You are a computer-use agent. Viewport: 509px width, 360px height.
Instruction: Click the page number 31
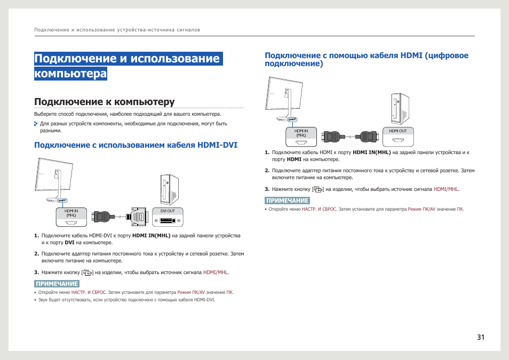(480, 337)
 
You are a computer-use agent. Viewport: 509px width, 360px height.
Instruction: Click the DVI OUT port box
(168, 217)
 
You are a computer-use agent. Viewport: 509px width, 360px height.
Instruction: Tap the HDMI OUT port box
(398, 137)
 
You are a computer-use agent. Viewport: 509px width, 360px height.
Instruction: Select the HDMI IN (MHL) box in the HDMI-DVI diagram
(71, 217)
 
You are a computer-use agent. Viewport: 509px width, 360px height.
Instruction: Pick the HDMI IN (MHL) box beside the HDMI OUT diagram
(301, 137)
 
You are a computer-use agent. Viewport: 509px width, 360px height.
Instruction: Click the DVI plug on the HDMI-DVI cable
(138, 217)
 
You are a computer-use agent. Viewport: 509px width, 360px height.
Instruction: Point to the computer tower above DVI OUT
(169, 190)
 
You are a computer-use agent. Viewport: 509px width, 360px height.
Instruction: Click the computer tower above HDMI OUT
(400, 109)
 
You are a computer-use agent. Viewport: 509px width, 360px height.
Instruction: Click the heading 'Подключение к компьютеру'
(105, 102)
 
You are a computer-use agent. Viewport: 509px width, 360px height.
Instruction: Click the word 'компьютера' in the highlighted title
(70, 74)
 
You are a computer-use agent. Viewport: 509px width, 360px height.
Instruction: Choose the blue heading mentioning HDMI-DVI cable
(136, 145)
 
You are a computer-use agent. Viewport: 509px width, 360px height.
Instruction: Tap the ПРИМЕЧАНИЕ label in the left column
(57, 284)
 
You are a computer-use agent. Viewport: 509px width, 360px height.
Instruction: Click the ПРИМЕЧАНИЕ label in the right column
(287, 201)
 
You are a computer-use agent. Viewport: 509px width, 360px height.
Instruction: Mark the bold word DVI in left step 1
(69, 243)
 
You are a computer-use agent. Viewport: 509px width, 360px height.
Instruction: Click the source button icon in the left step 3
(88, 273)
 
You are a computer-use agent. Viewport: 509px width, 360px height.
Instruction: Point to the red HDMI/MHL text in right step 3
(447, 189)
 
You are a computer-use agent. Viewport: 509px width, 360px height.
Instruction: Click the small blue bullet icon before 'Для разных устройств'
(36, 124)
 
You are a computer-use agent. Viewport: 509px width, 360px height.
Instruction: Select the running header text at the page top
(117, 30)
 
